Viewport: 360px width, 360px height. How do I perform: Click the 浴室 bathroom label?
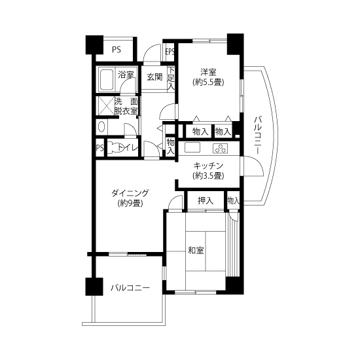point(126,75)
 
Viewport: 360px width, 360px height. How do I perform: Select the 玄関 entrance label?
point(154,77)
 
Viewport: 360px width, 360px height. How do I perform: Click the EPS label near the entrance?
point(170,52)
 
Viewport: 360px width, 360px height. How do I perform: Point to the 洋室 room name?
point(208,72)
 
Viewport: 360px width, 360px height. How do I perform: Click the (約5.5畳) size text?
point(208,82)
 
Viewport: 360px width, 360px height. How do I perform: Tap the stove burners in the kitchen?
point(221,148)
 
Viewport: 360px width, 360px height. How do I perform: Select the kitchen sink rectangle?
point(192,147)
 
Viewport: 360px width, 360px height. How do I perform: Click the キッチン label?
point(208,166)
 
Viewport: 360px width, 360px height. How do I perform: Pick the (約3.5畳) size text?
point(208,176)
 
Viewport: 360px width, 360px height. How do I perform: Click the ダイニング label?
point(130,193)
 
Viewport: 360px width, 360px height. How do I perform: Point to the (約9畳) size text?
point(130,203)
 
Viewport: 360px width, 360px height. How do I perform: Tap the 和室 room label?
point(196,250)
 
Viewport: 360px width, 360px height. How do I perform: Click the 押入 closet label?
point(206,201)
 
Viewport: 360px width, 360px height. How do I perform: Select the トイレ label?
point(128,148)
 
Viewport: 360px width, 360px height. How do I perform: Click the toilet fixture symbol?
point(115,148)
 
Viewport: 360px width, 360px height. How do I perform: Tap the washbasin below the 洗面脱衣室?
point(101,127)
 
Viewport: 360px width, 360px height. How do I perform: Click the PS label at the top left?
point(117,50)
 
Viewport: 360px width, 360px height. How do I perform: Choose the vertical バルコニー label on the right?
point(258,135)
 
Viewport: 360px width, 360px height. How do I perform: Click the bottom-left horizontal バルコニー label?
point(130,288)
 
